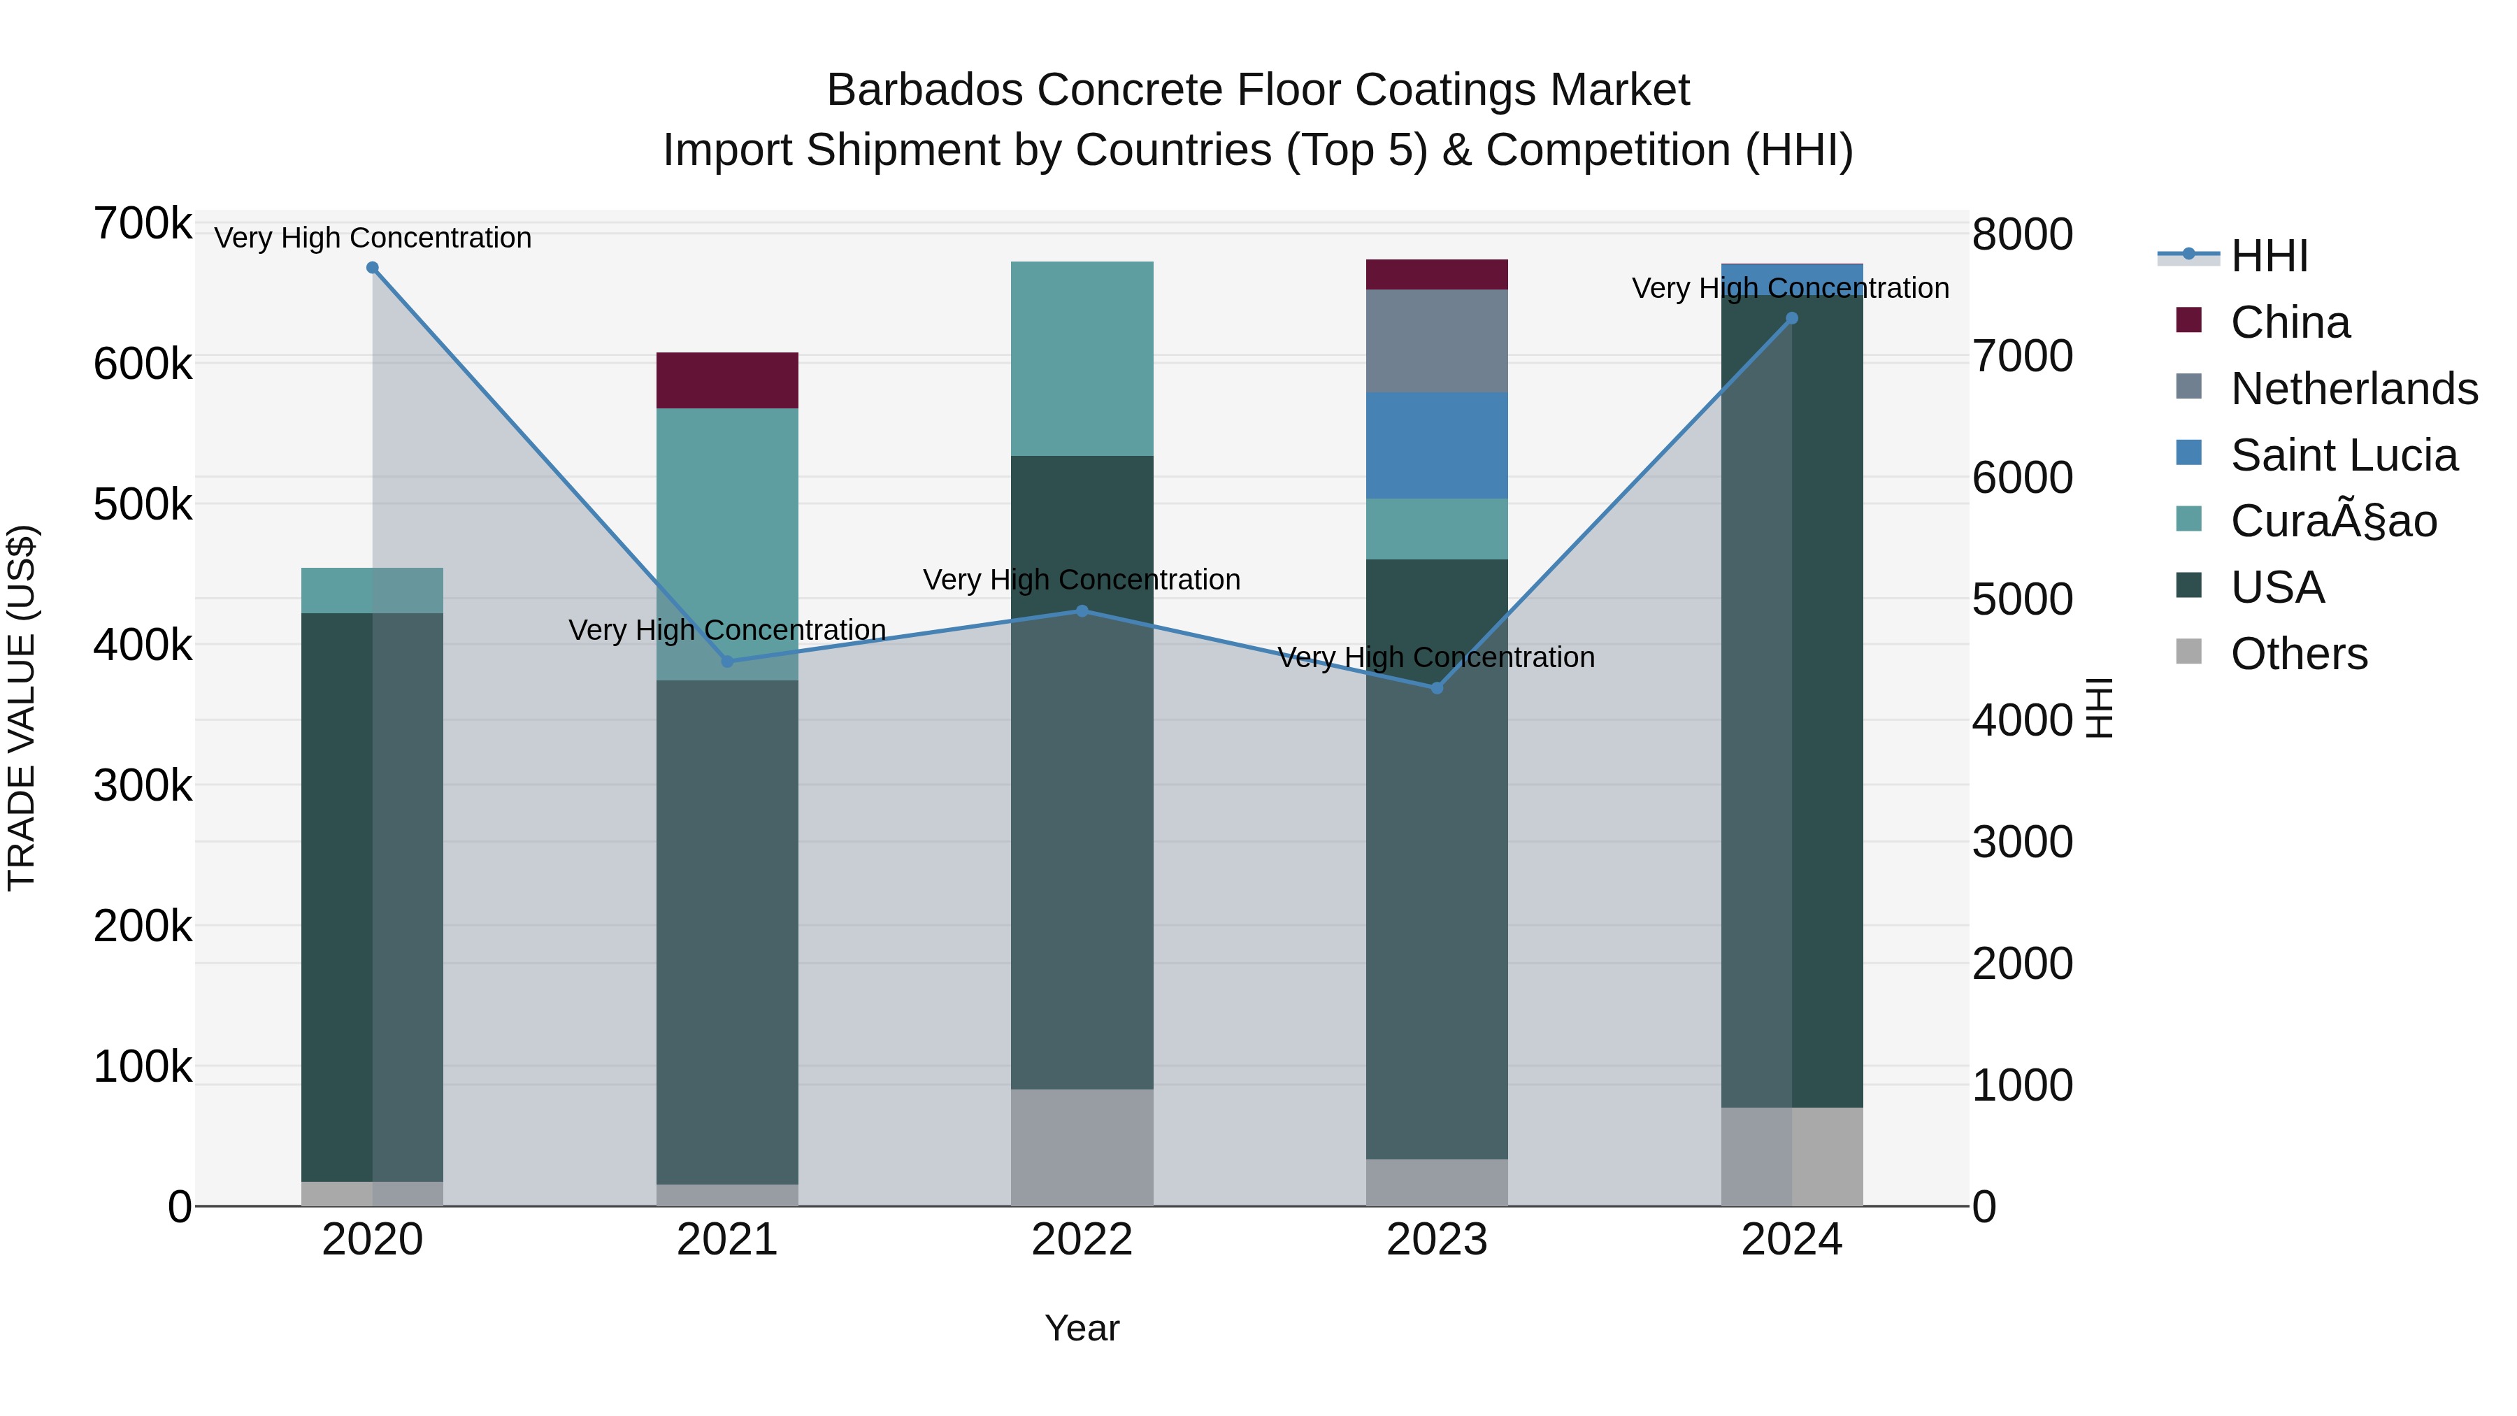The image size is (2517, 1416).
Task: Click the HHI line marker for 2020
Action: [372, 268]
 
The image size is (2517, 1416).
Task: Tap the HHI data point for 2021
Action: [727, 661]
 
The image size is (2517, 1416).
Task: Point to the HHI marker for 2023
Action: [1436, 688]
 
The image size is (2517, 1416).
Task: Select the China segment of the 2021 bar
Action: [727, 380]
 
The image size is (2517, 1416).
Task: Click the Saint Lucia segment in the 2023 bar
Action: [1436, 445]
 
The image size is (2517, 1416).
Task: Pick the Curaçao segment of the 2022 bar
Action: [1082, 359]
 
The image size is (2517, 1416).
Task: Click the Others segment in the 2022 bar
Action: [1082, 1147]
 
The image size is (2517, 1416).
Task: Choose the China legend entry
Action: [2289, 322]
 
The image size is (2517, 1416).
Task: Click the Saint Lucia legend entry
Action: [2343, 455]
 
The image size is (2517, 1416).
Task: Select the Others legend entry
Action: [2298, 654]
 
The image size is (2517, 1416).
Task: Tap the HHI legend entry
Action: [2269, 256]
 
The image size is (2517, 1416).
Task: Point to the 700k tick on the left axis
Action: [143, 224]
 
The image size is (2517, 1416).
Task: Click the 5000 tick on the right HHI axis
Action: [2021, 599]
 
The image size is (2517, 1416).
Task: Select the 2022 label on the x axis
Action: [1082, 1240]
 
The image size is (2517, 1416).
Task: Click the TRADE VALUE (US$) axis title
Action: [22, 708]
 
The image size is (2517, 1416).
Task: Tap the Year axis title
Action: [1082, 1328]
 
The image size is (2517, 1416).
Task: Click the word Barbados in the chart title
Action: [924, 90]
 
